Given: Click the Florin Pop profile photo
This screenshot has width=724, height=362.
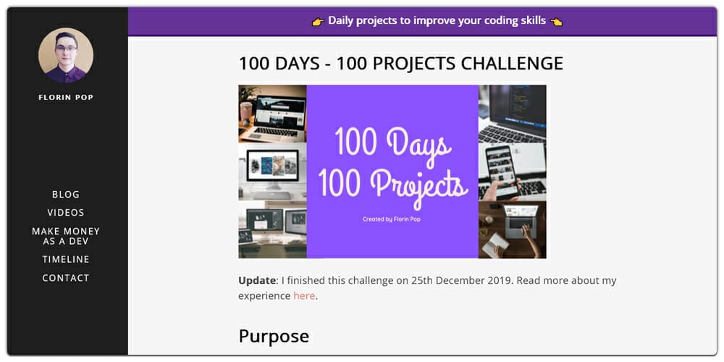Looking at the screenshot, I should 66,55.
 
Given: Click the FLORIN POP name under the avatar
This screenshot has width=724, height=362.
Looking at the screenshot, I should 66,97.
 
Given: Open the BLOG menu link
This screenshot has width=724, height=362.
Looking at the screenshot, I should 66,194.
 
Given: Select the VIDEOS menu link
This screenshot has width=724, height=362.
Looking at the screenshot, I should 66,212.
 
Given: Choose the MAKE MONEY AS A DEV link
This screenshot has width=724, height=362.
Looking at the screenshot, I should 66,236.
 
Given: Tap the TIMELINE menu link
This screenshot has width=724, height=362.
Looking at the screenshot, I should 66,259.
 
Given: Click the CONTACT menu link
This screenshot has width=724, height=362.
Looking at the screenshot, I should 66,278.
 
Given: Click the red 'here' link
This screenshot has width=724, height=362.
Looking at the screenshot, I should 304,296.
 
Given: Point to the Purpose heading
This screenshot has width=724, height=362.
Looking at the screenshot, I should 274,336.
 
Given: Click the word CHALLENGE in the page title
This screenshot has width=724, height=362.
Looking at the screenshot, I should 512,64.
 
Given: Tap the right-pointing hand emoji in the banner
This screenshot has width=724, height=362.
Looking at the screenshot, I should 318,21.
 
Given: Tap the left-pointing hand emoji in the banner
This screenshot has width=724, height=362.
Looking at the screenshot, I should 556,21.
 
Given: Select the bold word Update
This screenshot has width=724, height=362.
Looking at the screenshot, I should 257,280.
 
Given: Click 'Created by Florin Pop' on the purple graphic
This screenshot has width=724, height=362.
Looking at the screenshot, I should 392,219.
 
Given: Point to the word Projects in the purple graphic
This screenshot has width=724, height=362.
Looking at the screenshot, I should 418,184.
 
